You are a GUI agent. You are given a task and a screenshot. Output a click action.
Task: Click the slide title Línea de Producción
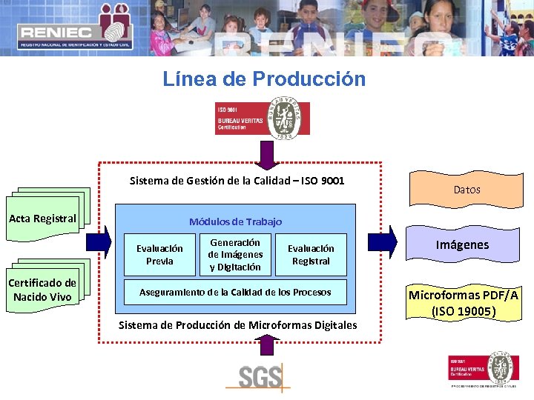tap(264, 79)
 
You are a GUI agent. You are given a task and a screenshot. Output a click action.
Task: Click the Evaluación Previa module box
tap(159, 255)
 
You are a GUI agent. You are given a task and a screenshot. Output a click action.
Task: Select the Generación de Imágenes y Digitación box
tap(235, 254)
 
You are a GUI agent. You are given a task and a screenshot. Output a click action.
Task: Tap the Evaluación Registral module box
tap(311, 254)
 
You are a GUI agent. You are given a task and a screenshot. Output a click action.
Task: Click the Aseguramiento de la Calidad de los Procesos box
tap(235, 292)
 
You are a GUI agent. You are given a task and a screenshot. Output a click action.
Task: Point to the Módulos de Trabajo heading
tap(235, 221)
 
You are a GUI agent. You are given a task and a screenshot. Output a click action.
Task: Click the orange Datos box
tap(467, 190)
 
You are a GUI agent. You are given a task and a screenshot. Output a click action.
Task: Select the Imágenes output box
tap(462, 244)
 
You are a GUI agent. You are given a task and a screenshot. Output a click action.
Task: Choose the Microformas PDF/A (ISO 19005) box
tap(463, 303)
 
